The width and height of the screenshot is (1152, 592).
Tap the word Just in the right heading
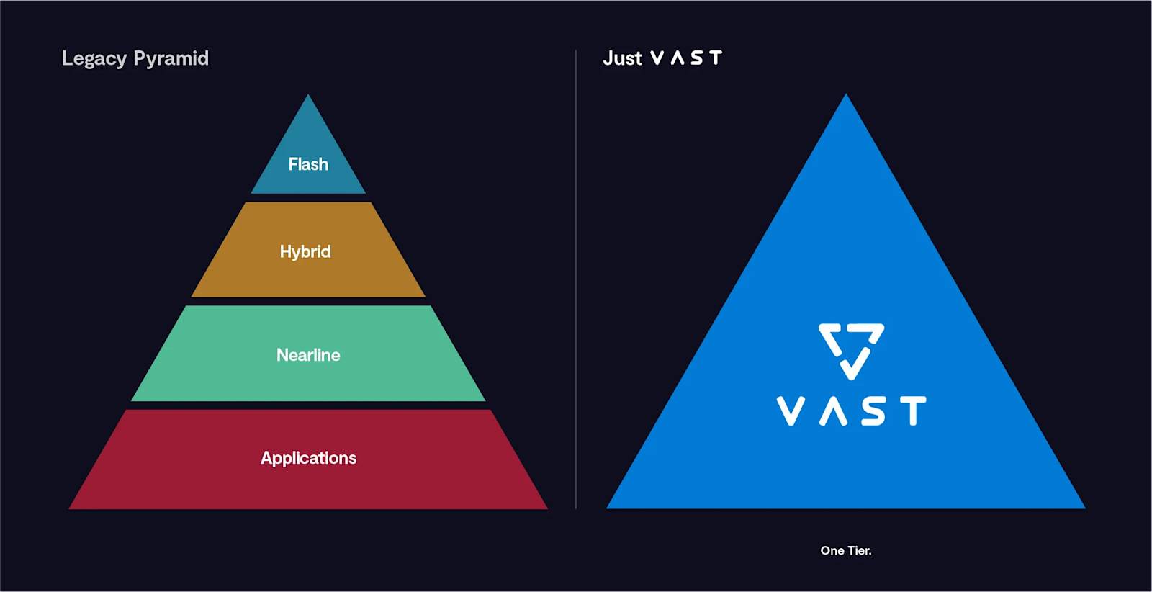point(622,58)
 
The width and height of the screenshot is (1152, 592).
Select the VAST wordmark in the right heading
point(685,58)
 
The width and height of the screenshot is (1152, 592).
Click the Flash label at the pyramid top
point(308,164)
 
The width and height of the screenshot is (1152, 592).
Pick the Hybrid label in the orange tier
point(305,251)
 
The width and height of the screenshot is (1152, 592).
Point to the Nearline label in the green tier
point(308,355)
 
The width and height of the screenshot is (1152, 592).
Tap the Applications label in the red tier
point(308,458)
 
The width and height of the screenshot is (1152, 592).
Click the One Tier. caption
point(846,550)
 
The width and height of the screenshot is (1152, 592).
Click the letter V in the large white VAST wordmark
point(791,411)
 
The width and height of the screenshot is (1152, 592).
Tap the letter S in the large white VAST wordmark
point(873,411)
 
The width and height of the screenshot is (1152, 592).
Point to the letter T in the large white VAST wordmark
point(913,411)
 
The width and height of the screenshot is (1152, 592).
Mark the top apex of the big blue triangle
point(846,97)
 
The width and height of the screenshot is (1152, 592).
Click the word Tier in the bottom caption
point(859,550)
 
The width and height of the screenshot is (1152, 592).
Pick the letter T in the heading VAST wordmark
point(715,58)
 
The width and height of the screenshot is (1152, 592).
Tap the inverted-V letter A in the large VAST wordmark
point(832,411)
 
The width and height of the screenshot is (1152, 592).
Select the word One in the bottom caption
point(832,550)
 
